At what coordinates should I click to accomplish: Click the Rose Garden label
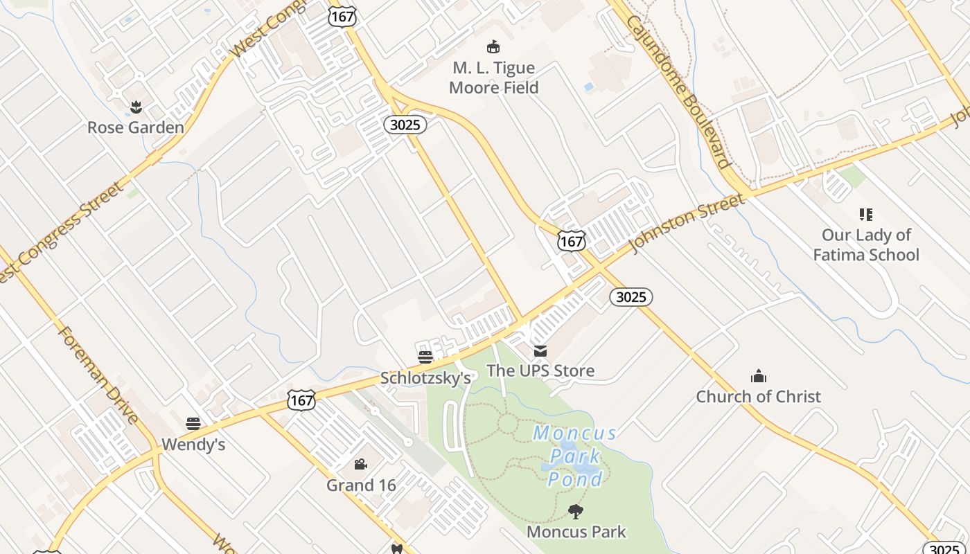pos(136,127)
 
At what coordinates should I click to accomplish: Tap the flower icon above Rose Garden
pos(136,107)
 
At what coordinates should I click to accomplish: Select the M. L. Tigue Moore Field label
pos(493,78)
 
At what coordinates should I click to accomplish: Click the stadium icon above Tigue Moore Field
pos(493,47)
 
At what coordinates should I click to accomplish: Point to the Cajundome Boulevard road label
pos(679,91)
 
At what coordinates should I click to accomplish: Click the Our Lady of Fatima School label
pos(865,244)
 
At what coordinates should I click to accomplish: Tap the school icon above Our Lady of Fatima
pos(865,215)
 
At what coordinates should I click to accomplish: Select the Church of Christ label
pos(758,397)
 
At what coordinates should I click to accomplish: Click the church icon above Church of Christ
pos(759,376)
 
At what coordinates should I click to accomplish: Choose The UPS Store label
pos(540,370)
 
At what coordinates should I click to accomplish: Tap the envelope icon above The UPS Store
pos(540,351)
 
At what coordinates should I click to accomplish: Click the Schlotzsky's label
pos(425,378)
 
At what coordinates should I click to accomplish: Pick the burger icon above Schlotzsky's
pos(425,357)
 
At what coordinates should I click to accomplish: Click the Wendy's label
pos(193,444)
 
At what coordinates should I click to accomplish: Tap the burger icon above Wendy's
pos(193,423)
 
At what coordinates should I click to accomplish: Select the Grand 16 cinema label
pos(361,485)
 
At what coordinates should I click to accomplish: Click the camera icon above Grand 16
pos(360,464)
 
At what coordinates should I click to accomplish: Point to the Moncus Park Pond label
pos(575,456)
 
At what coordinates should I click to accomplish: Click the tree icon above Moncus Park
pos(575,512)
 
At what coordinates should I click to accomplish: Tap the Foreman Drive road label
pos(99,374)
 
